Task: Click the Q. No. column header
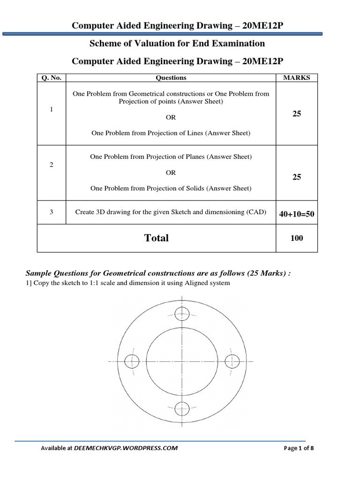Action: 52,78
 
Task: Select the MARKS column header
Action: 296,78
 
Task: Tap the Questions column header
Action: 171,78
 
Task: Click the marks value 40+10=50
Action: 296,214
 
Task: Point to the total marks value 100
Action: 296,238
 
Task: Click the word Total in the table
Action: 157,238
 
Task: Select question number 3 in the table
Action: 52,212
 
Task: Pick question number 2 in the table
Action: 52,165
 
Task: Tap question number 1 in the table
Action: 52,109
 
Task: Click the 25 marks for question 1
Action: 296,114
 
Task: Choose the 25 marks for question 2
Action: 296,177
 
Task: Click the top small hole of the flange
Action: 181,314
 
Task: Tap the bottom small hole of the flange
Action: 181,409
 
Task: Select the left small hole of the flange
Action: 132,361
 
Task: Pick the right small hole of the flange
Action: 232,361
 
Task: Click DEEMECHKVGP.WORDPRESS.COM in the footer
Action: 126,448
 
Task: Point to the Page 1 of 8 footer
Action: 299,448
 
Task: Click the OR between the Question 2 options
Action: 171,172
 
